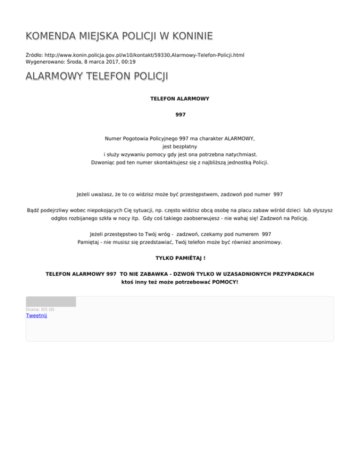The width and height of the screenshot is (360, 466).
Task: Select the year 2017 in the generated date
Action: (x=102, y=61)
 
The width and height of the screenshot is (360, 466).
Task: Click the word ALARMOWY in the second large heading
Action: (x=54, y=76)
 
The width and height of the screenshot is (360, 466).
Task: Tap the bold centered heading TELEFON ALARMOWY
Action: (x=180, y=99)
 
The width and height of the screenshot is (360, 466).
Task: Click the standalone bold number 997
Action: (x=180, y=114)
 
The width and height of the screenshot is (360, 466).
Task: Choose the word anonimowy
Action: (x=265, y=242)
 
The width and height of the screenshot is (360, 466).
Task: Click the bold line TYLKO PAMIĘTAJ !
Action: (x=180, y=258)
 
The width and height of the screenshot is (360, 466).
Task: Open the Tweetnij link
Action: (x=36, y=316)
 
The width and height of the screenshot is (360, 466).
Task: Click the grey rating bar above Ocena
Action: (x=51, y=301)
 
